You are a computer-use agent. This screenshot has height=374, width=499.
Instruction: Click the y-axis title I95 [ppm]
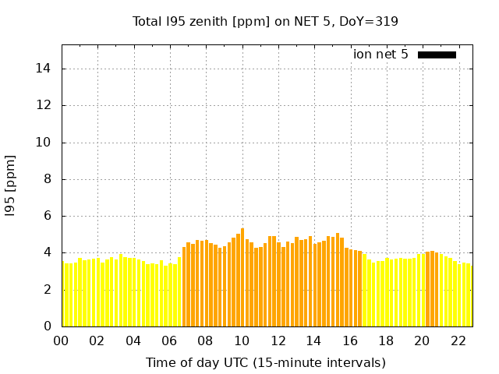tap(11, 185)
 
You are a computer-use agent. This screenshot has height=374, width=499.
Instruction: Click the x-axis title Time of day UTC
tap(266, 362)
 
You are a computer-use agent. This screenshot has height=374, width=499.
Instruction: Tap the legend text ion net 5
tap(380, 55)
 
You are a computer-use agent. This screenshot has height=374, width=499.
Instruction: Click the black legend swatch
tap(437, 55)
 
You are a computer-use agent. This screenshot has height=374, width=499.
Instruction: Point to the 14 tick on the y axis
tap(44, 69)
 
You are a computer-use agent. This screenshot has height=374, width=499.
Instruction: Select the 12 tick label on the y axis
tap(44, 105)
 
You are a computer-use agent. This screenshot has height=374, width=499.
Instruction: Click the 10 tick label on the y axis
tap(44, 143)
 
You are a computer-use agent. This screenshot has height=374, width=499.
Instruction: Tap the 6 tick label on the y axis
tap(48, 216)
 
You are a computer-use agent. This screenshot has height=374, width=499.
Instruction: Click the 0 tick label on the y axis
tap(48, 326)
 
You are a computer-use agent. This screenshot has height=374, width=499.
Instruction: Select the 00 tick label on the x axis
tap(62, 340)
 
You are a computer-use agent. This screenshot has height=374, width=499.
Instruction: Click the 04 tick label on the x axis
tap(133, 340)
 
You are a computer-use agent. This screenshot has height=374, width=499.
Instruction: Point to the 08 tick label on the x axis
tap(206, 340)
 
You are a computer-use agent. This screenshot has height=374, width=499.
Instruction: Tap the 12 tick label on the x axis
tap(278, 340)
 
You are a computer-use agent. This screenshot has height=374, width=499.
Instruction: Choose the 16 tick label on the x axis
tap(350, 340)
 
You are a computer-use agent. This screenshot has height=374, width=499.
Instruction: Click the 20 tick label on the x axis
tap(422, 340)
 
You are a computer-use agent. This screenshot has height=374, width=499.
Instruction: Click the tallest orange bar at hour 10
tap(242, 277)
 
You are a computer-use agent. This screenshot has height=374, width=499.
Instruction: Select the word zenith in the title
tap(205, 21)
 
